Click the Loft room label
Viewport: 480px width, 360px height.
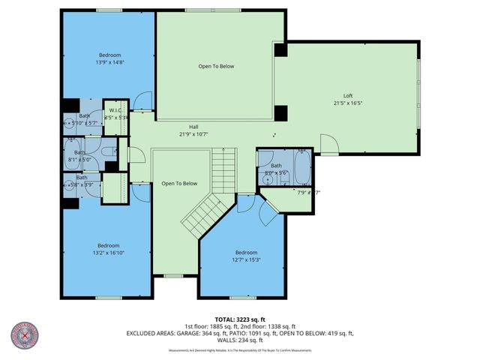click(348, 95)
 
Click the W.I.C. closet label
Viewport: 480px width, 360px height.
click(116, 109)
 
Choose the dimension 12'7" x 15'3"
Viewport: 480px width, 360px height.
click(246, 259)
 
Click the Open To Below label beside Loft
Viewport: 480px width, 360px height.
click(216, 66)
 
